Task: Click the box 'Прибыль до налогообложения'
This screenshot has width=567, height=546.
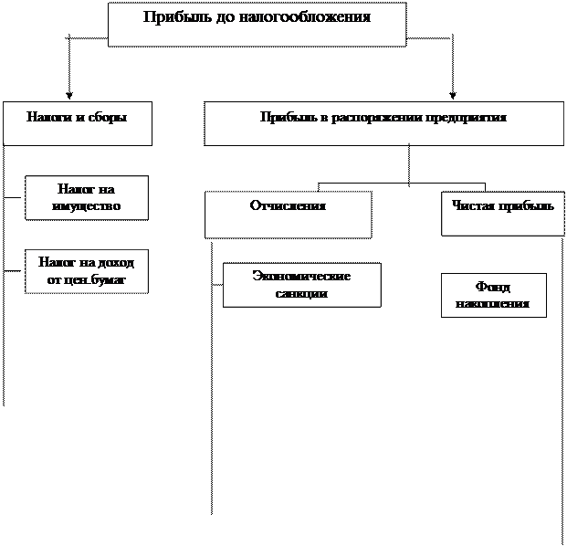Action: [257, 25]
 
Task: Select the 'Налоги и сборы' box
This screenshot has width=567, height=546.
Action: [78, 123]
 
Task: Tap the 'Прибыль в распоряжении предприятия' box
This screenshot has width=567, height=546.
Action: [384, 123]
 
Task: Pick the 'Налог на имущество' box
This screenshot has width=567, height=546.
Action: [87, 198]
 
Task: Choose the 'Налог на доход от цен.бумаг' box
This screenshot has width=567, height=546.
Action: [87, 271]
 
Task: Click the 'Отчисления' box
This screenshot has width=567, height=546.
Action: [289, 215]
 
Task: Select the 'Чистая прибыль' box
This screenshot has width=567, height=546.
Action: [503, 214]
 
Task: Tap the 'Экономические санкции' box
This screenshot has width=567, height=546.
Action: [302, 285]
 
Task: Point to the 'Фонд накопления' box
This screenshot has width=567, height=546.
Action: [494, 296]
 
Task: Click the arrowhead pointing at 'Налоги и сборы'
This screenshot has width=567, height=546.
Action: [69, 96]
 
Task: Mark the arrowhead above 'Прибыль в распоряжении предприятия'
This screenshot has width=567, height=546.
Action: [452, 96]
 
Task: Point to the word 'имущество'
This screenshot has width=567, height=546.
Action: [86, 206]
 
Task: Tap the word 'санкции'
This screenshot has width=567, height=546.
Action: [301, 293]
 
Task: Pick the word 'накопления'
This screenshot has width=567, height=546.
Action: [492, 303]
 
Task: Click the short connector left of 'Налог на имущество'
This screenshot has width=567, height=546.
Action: [14, 198]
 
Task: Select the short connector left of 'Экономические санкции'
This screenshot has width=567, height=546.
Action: [217, 285]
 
